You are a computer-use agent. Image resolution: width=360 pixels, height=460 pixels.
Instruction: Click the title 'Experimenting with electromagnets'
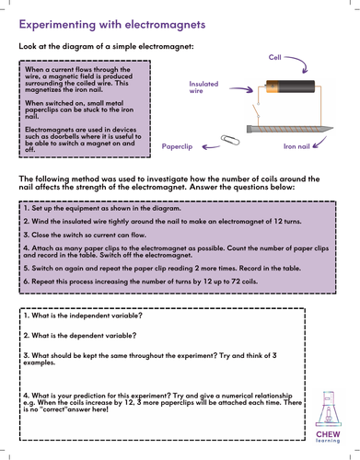coord(112,25)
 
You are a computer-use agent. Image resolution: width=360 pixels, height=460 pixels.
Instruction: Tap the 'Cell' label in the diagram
coord(274,57)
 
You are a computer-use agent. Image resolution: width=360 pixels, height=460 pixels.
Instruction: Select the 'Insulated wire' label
coord(203,87)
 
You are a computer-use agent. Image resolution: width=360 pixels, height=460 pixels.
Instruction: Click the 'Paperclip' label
coord(177,146)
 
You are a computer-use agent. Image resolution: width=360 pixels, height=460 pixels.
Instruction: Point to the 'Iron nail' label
coord(296,146)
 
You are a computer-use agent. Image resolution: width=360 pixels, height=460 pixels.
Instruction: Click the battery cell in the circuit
coord(290,86)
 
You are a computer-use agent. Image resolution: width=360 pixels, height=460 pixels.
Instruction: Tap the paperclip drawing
coord(230,140)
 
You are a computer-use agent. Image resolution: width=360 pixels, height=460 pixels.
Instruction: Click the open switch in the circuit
coord(256,110)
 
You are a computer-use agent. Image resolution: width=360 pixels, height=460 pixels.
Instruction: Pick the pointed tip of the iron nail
coord(333,128)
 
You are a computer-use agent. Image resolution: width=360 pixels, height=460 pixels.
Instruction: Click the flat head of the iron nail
coord(249,129)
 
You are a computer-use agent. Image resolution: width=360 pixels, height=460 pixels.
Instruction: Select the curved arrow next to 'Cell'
coord(298,63)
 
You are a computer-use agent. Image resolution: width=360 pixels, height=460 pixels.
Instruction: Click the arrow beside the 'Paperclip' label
coord(211,147)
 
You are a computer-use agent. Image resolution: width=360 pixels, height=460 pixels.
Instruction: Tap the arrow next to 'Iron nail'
coord(319,144)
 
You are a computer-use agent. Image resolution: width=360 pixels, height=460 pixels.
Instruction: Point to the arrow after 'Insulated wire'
coord(241,89)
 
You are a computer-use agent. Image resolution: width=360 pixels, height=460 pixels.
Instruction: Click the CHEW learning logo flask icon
coord(328,409)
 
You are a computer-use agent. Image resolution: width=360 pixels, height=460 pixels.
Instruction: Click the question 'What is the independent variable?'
coord(83,316)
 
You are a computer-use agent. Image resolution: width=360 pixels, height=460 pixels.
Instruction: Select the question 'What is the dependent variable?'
coord(80,336)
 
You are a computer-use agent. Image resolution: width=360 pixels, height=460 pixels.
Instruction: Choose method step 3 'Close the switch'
coord(85,235)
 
